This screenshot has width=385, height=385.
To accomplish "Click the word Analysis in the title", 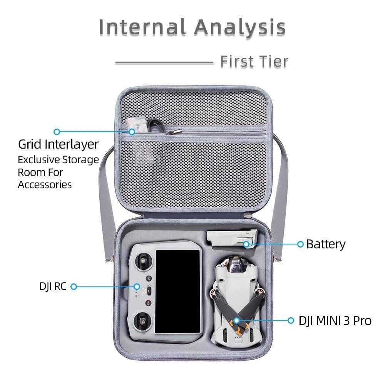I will (x=239, y=27).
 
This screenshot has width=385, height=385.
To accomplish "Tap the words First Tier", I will (x=254, y=62).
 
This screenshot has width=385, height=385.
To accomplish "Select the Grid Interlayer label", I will (x=58, y=144).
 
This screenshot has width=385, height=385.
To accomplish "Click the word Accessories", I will (x=45, y=184).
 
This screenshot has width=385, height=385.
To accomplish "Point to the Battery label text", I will (x=326, y=244).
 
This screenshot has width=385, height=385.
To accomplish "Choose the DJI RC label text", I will (x=53, y=286).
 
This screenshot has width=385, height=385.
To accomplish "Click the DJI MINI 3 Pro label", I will (x=335, y=320).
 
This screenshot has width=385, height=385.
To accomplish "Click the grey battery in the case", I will (x=229, y=241).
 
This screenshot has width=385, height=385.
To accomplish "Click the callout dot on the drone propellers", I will (x=236, y=320).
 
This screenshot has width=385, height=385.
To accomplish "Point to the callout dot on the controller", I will (x=137, y=286).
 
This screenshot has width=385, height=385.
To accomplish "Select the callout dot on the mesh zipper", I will (x=132, y=132).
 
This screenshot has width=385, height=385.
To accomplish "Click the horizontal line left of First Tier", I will (x=164, y=62).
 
